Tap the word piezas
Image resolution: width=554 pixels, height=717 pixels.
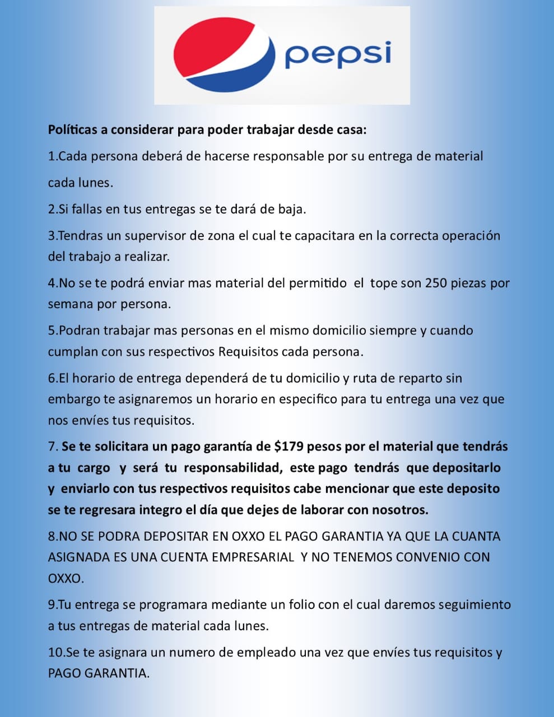pos(470,283)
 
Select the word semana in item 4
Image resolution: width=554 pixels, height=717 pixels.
pos(68,304)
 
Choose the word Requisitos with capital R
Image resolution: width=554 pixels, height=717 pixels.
pos(248,352)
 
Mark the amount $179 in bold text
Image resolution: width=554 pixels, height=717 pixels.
pos(289,446)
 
